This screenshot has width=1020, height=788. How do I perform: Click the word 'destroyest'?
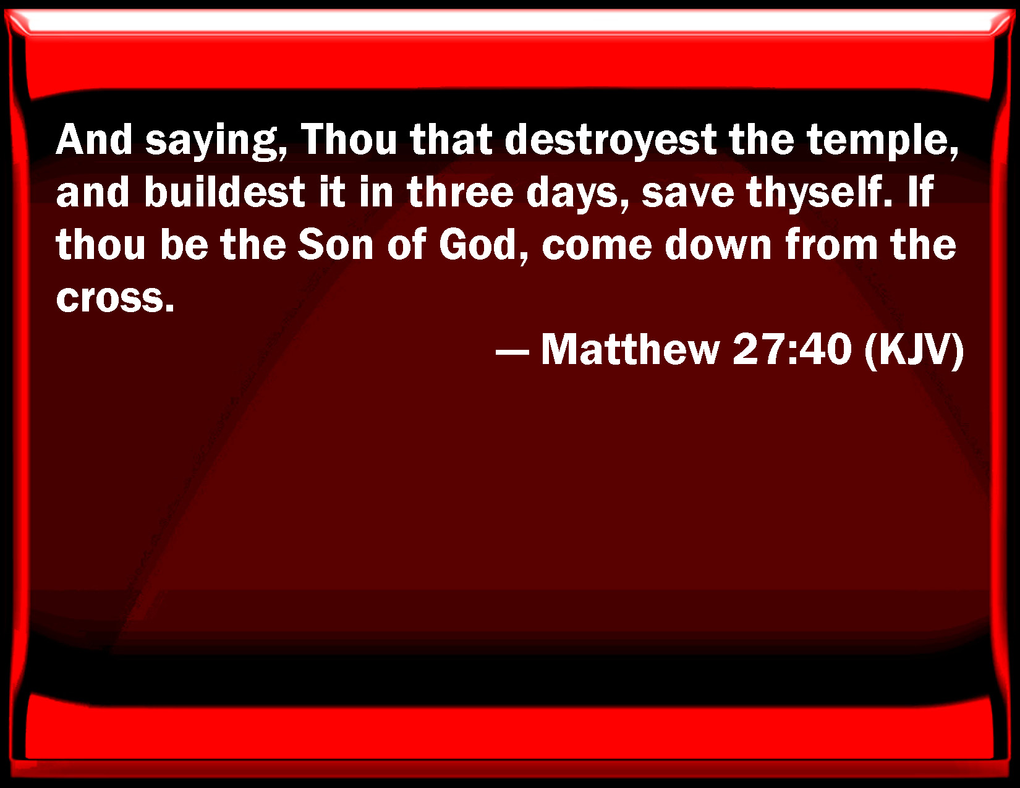(610, 140)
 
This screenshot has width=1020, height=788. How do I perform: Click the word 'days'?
(575, 194)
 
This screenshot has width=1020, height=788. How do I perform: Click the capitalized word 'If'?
(920, 191)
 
